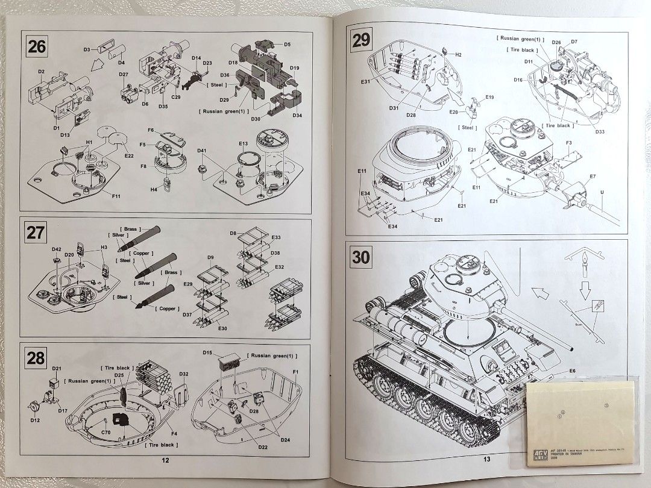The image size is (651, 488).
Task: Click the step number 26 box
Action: [37, 46]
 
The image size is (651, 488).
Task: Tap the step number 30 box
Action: [361, 258]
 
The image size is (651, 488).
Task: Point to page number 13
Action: [487, 459]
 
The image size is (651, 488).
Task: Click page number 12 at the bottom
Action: [165, 460]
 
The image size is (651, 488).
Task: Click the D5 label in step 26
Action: [287, 45]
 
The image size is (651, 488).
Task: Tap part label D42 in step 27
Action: [56, 249]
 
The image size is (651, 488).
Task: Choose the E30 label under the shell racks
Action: [222, 328]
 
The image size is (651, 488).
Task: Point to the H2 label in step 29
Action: [458, 55]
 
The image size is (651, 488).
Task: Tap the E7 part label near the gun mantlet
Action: [593, 176]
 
